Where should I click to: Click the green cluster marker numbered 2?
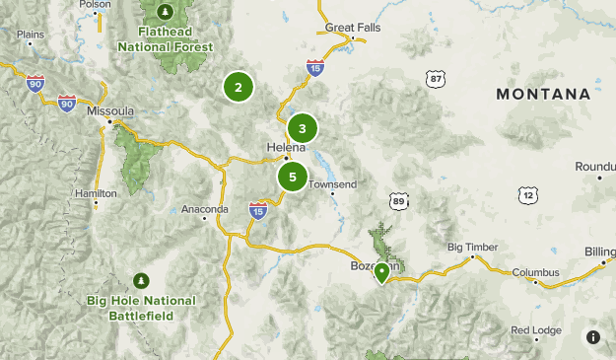coord(238,87)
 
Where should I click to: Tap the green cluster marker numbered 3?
coord(303,128)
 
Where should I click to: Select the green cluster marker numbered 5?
coord(292,177)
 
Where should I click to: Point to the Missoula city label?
coord(109,111)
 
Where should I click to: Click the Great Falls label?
coord(352,28)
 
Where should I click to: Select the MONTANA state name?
coord(543,94)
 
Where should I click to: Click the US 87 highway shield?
coord(437,78)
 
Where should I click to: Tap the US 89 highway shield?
coord(397,200)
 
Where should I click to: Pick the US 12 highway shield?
coord(530,195)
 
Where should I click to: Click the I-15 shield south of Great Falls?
coord(314,67)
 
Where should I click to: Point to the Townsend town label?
coord(332,184)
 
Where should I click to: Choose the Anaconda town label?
coord(205,209)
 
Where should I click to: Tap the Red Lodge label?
coord(533,329)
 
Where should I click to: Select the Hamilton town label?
coord(96,193)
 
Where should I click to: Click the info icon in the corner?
coord(593,337)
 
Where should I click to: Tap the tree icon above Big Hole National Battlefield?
coord(142,279)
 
